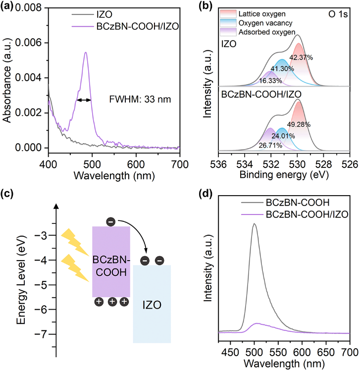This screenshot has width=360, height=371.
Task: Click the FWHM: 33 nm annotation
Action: coord(140,100)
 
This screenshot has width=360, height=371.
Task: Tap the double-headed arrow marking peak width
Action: coord(84,100)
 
